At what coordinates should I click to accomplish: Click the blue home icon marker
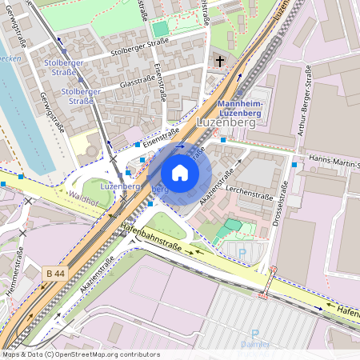(180, 172)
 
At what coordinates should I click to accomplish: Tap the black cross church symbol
(220, 61)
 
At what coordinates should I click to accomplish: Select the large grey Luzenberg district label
(227, 122)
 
